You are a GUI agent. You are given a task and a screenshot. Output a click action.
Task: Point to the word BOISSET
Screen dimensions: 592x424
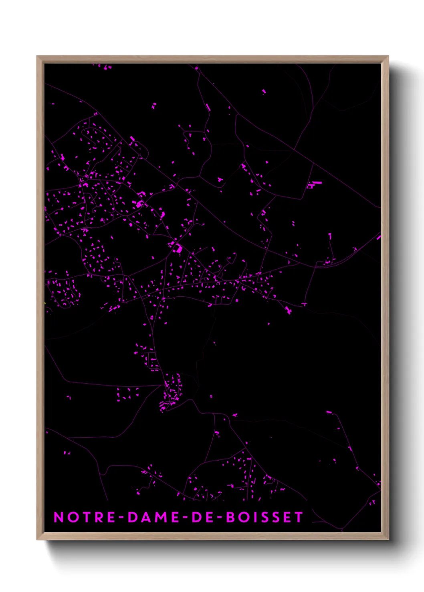[264, 517]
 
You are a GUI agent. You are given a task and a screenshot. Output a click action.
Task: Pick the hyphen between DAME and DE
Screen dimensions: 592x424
[185, 518]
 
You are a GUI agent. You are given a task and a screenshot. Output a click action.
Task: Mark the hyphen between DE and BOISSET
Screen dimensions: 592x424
[219, 518]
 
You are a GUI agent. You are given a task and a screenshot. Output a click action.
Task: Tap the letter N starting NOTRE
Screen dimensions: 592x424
[59, 517]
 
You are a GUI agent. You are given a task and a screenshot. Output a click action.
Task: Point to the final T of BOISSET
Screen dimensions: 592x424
[299, 517]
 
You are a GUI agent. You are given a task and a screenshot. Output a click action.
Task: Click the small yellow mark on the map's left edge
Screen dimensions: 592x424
[45, 303]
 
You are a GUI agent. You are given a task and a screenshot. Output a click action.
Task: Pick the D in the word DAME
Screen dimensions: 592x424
[132, 517]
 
